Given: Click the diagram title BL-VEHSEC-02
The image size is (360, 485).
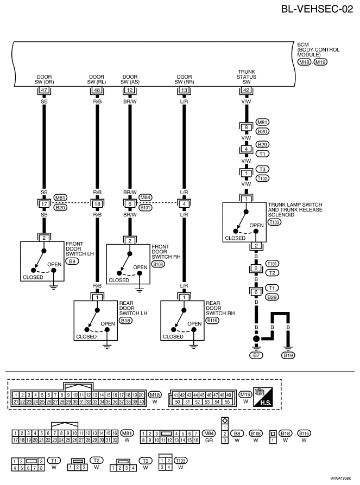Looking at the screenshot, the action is [317, 9].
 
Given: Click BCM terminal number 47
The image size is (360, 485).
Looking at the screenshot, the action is [44, 90].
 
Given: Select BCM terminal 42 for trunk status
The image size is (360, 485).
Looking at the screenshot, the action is [246, 90].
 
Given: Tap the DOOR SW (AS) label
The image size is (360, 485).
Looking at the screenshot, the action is [130, 79].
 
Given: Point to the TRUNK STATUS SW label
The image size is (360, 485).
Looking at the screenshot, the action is [247, 76].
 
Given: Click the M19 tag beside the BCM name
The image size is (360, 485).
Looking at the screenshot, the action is [320, 62].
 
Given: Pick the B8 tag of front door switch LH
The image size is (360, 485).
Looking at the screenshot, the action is [72, 261].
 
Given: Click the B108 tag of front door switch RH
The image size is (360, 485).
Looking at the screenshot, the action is [158, 264].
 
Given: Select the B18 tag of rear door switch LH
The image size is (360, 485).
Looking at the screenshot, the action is [125, 321].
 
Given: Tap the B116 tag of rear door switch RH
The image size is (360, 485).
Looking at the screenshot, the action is [212, 321].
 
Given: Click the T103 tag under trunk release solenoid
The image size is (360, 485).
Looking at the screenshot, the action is [275, 222].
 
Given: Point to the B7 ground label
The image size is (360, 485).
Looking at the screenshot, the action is [256, 355].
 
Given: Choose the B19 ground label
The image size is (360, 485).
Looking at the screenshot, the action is [288, 355].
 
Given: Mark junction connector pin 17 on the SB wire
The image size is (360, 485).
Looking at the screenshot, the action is [44, 204].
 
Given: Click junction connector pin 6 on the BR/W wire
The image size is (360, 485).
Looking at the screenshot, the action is [130, 204].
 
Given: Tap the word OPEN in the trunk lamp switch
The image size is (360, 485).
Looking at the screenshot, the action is [257, 225].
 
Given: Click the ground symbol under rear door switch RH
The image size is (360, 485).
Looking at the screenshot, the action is [193, 346].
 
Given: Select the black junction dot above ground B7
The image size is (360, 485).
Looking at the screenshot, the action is [256, 339].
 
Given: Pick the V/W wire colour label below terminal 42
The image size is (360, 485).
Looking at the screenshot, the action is [246, 101].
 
